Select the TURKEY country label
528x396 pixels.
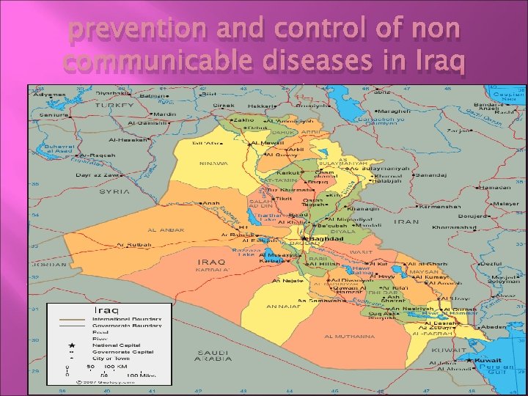tap(115, 106)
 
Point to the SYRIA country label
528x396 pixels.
tap(114, 191)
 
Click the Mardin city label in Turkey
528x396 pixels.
tap(164, 114)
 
